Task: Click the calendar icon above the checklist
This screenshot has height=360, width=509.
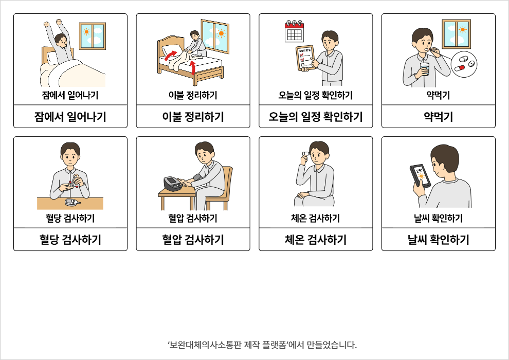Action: pyautogui.click(x=294, y=31)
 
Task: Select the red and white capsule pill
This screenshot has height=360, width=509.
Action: pyautogui.click(x=459, y=68)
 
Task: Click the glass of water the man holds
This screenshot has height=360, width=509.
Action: pyautogui.click(x=425, y=69)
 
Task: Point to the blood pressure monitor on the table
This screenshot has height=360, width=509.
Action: pyautogui.click(x=173, y=184)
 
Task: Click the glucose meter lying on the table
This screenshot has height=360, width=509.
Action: pyautogui.click(x=72, y=202)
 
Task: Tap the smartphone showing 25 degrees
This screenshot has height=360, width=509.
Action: pyautogui.click(x=420, y=175)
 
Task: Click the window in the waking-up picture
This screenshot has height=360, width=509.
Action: pyautogui.click(x=93, y=36)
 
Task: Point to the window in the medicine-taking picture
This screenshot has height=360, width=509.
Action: pyautogui.click(x=456, y=34)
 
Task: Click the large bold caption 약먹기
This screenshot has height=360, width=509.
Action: pyautogui.click(x=438, y=117)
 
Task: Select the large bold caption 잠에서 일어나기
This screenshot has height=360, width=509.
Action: pyautogui.click(x=70, y=117)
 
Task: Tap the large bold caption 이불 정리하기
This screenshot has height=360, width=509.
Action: pyautogui.click(x=193, y=117)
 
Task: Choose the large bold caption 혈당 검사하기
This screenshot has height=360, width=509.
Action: pyautogui.click(x=70, y=240)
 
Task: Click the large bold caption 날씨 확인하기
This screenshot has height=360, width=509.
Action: pyautogui.click(x=439, y=240)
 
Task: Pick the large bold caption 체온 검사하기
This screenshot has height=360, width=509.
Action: pyautogui.click(x=316, y=240)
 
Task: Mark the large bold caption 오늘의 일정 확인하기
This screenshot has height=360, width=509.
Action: pyautogui.click(x=316, y=117)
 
